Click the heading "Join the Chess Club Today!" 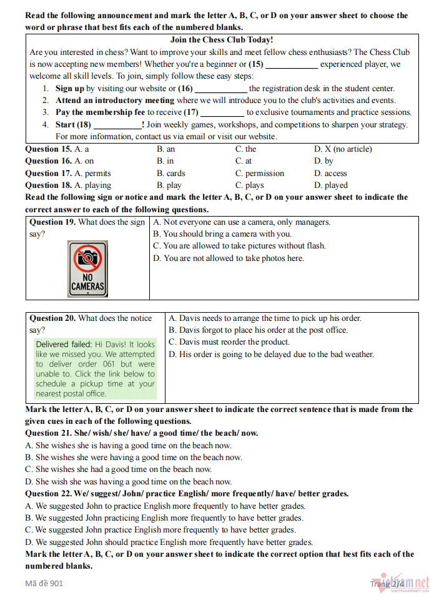[221, 39]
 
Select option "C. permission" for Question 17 [259, 173]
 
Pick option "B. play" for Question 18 [169, 185]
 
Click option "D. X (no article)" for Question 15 [343, 149]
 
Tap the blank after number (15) [292, 64]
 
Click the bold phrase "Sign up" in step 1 [69, 89]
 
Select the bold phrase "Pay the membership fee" [100, 112]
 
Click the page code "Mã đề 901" [44, 584]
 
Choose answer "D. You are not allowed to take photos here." [229, 258]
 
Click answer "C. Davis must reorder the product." [229, 342]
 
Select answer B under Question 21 [134, 458]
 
